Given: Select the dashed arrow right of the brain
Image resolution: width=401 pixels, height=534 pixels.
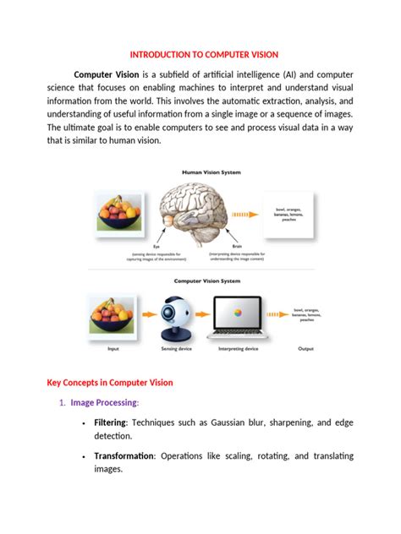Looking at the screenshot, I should pos(245,215).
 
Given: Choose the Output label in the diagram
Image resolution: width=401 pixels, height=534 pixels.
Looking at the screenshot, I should pos(305,347).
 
